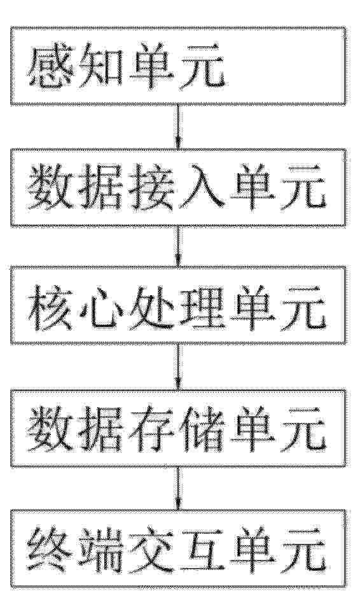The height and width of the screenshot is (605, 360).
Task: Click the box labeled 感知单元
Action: [x=178, y=66]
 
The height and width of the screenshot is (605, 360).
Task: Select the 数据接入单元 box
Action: [x=178, y=187]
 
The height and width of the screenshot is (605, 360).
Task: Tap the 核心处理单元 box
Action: [x=178, y=305]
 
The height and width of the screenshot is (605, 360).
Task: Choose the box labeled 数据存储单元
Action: [x=178, y=429]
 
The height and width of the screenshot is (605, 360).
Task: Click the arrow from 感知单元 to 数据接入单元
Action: [x=178, y=127]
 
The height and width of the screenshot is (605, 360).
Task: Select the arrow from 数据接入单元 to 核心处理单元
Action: [x=178, y=246]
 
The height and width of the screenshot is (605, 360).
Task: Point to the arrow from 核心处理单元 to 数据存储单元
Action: [x=178, y=367]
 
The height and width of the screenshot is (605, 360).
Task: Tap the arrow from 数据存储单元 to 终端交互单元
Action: [x=178, y=489]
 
